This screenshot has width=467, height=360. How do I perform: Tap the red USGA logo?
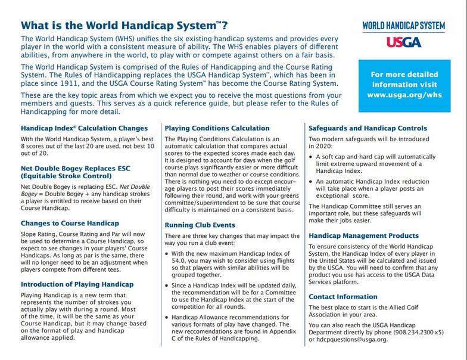coord(404,42)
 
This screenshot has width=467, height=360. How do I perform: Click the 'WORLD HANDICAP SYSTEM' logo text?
coord(404,26)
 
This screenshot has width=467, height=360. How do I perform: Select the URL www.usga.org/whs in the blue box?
coord(404,95)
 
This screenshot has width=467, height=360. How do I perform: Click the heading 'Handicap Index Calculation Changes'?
coord(84,128)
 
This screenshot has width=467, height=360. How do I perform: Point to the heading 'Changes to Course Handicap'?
coord(70,223)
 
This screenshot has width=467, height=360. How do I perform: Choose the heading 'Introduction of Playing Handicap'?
coord(77,284)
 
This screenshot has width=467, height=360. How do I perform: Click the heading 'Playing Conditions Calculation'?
coord(217,128)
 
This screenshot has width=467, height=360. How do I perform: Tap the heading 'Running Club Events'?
coord(200,225)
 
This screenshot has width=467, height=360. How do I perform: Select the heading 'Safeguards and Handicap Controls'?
coord(368,128)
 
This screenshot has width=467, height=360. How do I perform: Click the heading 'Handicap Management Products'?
coord(363,235)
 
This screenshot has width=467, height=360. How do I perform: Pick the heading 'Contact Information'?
coord(343,296)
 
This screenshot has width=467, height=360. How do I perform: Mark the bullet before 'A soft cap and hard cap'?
coord(311,156)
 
